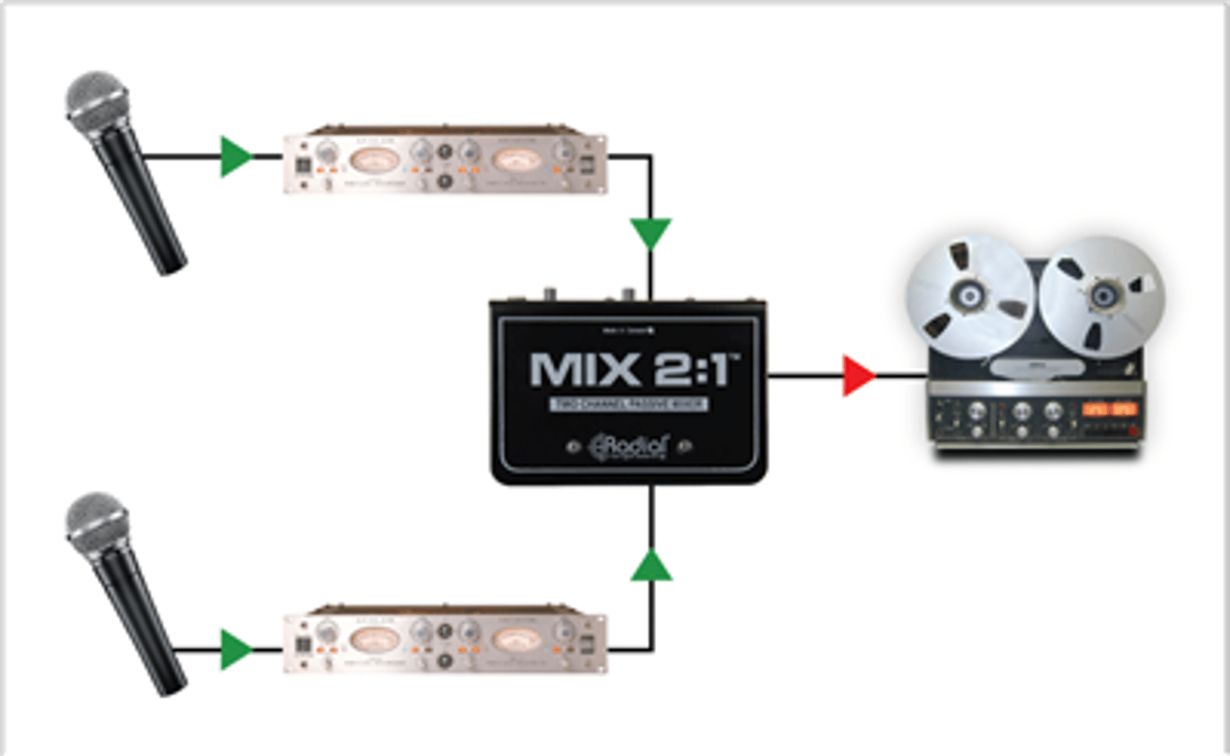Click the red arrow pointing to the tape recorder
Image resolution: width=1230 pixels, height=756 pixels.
(858, 376)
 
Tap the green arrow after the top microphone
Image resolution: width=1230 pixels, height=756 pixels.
(235, 157)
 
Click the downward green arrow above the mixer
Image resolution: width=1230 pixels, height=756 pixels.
(651, 232)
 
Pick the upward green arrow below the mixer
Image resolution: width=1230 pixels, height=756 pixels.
(651, 567)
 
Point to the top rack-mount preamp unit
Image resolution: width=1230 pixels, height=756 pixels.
(445, 162)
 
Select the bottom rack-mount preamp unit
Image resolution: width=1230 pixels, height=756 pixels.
(445, 641)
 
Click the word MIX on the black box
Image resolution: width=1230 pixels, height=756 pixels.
(585, 370)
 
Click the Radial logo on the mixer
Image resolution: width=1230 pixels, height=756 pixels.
(629, 447)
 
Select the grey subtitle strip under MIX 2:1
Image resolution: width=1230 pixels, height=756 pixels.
(628, 404)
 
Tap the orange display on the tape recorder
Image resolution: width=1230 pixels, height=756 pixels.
(1109, 408)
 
